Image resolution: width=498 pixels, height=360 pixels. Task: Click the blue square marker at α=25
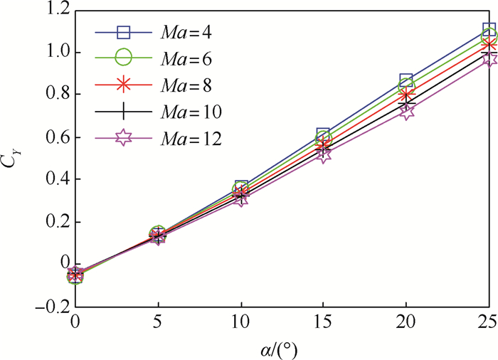pyautogui.click(x=489, y=30)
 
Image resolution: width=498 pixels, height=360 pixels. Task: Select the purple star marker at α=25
pyautogui.click(x=489, y=58)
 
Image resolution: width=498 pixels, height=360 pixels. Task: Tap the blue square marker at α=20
pyautogui.click(x=406, y=81)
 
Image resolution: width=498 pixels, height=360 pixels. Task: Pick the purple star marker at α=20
pyautogui.click(x=406, y=112)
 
